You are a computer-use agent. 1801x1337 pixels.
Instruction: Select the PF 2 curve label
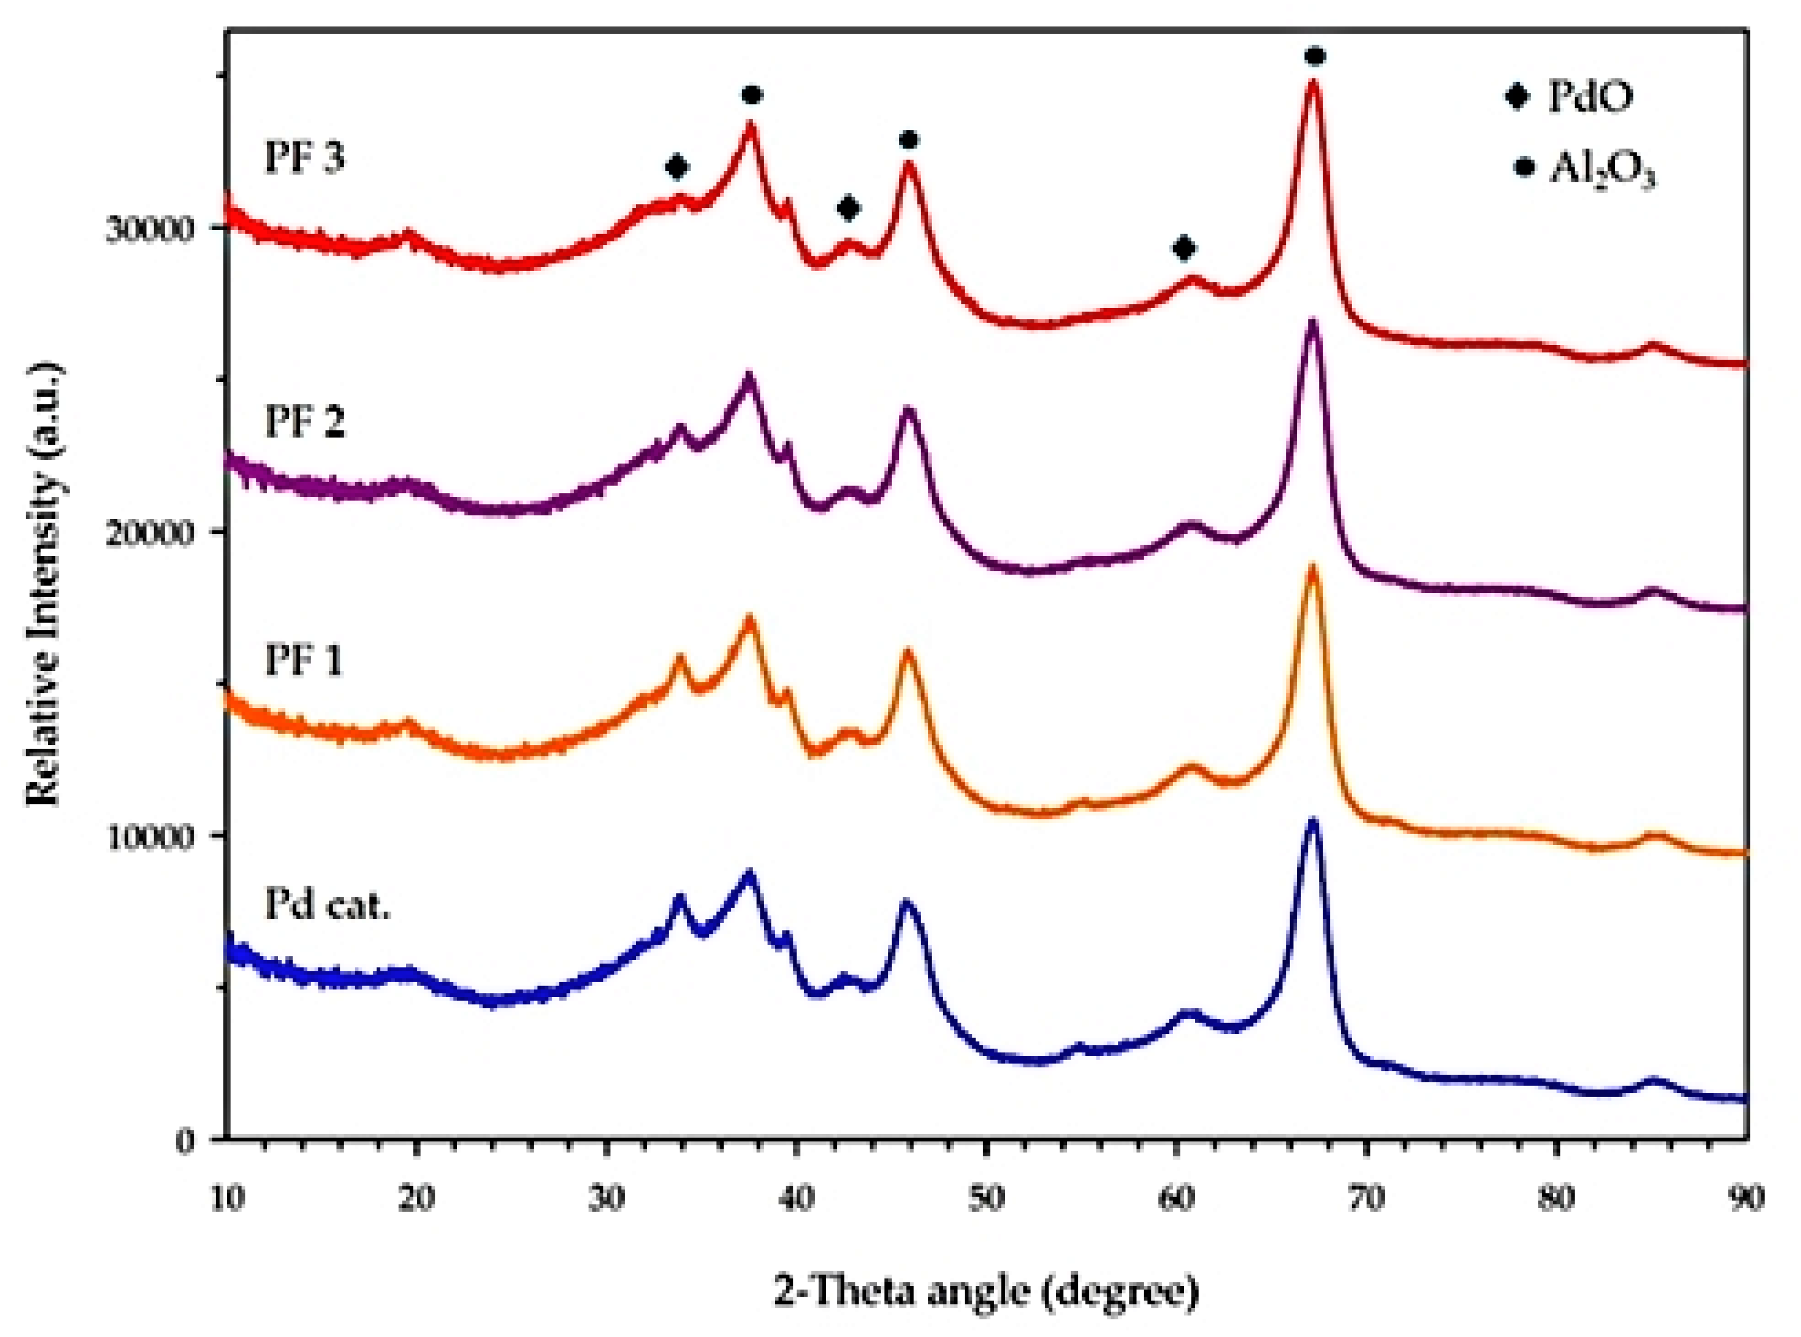pos(304,422)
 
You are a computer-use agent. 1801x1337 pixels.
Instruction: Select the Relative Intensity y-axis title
pos(45,583)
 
